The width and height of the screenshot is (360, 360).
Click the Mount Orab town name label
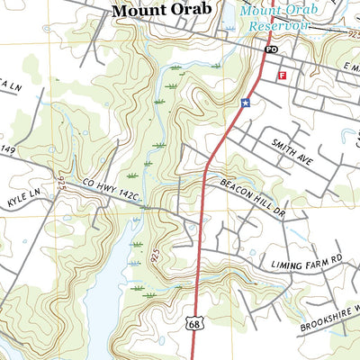[x=162, y=11]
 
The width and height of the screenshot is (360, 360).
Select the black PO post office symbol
[x=271, y=51]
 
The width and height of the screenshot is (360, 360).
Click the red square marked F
[x=282, y=76]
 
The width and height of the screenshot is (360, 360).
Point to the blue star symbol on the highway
[x=244, y=103]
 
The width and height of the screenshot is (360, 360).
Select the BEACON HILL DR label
[x=252, y=196]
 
